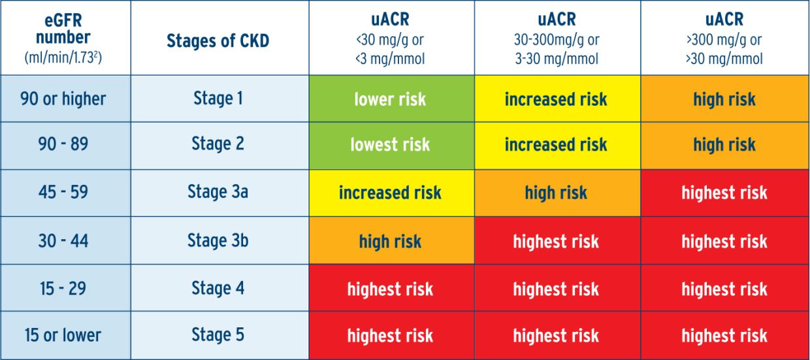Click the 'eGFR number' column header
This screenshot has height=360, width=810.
63,38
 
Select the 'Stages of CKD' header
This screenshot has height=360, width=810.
218,41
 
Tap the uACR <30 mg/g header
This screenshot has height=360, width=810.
390,39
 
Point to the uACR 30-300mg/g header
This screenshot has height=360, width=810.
556,39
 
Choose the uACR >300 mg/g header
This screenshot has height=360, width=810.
724,39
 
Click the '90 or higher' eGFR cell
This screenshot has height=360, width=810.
63,99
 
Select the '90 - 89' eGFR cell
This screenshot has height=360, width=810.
63,144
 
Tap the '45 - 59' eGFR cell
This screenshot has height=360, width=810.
63,193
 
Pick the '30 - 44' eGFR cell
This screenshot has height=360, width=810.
63,240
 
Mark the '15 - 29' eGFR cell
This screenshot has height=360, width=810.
63,288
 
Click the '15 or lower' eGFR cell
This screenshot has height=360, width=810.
63,335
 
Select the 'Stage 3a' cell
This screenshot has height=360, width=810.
218,193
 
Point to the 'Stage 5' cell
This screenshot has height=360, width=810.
218,335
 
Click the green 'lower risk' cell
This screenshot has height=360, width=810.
390,99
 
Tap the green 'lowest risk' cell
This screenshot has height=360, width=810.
390,144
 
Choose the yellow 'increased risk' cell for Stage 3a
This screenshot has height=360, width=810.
390,193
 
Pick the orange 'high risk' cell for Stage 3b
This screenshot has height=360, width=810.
390,240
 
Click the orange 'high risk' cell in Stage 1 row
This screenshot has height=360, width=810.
724,99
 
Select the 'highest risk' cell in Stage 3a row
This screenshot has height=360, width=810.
724,193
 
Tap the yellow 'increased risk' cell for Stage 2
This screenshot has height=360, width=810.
556,144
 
